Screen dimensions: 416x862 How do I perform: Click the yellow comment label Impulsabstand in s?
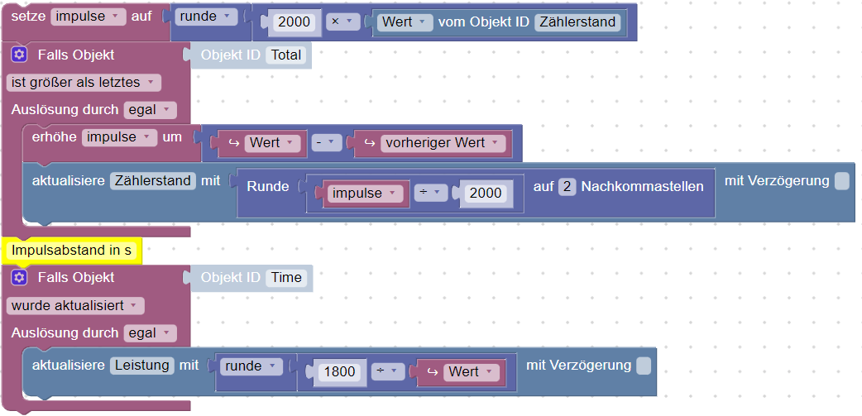71,249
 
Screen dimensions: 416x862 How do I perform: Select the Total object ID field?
286,55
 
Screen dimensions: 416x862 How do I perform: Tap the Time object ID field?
286,277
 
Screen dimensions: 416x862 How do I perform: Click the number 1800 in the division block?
339,371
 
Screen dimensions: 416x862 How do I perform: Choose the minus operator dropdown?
328,142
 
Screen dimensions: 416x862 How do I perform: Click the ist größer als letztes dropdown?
83,82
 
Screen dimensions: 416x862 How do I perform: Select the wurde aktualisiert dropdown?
75,305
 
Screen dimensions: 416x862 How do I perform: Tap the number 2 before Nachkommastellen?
567,186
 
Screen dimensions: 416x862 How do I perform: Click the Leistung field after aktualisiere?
141,365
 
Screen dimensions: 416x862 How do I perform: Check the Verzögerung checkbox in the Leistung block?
644,365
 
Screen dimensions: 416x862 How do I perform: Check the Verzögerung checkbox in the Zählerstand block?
841,181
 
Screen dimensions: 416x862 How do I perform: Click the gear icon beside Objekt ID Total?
20,55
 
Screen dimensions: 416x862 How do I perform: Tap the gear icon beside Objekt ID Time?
20,277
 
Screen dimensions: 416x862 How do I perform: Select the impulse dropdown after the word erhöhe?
119,137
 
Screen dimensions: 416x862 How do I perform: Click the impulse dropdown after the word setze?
89,16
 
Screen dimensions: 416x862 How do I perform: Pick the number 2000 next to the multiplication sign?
295,22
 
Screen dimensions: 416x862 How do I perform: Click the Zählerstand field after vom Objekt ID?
578,22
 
